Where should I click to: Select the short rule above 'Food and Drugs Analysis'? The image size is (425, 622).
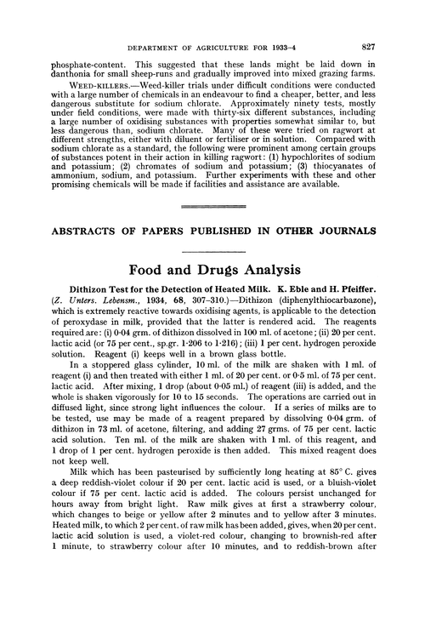coord(212,248)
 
